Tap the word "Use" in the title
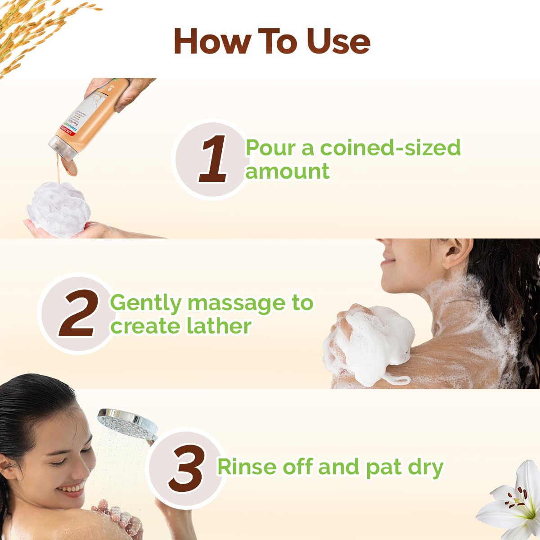coord(338,41)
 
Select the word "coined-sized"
coord(390,148)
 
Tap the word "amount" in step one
coord(287,171)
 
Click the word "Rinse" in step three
coord(247,467)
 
